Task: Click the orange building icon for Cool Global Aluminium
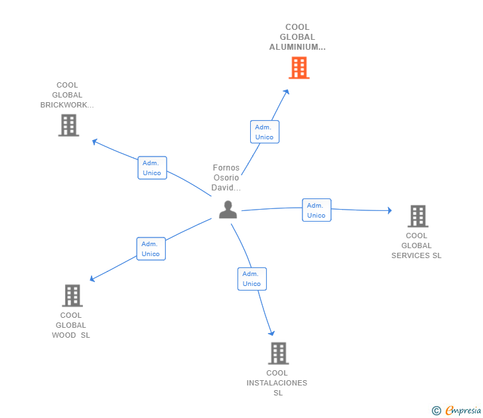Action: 299,68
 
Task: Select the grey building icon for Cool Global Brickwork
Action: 68,125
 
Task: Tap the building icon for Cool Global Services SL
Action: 417,216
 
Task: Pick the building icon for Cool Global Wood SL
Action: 72,295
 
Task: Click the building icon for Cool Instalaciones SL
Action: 278,353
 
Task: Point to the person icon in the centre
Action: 228,210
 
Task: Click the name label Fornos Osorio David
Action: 226,178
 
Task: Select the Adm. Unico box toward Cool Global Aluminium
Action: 264,131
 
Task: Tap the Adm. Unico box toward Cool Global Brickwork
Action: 152,167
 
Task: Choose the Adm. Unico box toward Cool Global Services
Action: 316,210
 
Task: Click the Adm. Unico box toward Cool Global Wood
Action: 151,249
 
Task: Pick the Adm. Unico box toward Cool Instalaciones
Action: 251,279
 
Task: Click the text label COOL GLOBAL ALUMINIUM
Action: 297,37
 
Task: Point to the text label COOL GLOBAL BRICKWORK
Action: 67,95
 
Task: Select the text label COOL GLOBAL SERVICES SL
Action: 416,245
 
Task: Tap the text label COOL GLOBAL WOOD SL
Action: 71,325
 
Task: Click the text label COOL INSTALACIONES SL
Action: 277,383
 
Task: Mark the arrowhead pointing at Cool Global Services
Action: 389,210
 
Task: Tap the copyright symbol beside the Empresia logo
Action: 436,411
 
